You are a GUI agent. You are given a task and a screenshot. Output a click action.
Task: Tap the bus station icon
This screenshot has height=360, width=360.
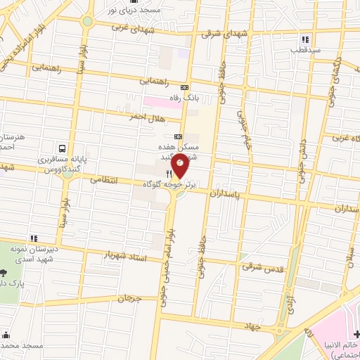[x=63, y=148]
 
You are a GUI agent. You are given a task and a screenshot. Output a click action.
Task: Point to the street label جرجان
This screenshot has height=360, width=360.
[x=130, y=299]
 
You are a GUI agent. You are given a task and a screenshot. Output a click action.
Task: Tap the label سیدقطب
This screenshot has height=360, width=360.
[x=305, y=50]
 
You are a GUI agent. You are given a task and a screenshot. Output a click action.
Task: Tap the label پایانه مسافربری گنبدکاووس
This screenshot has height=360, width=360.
[x=52, y=165]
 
